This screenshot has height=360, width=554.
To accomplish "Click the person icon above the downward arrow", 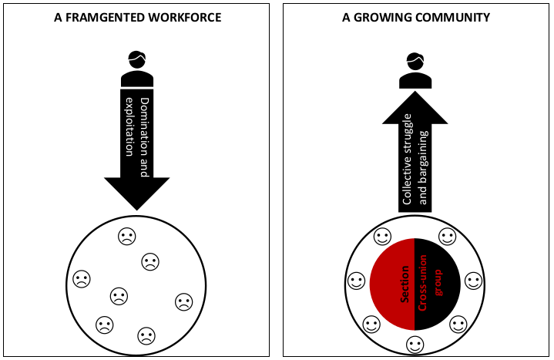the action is coord(137,69).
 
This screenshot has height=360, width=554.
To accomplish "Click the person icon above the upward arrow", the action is coord(415,70).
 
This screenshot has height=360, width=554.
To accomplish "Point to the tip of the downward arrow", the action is coord(137,210).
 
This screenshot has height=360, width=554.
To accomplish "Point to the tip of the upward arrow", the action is coord(415,91).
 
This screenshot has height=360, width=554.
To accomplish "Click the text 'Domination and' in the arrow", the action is coord(145,137).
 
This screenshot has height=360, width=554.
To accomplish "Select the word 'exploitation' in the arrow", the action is coord(130,126).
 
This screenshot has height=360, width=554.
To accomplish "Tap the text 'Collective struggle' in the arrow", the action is coord(408,159).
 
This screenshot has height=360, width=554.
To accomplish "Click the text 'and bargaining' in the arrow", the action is coord(422,167).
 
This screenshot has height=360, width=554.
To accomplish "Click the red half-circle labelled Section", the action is coord(392,284).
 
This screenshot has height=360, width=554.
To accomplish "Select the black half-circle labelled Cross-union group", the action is coord(438,284).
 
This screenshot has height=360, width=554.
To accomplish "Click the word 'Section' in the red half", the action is coord(405,284).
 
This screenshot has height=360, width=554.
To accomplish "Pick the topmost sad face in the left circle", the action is coord(127,236).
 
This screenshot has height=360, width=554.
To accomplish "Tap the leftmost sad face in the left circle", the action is coord(82,279).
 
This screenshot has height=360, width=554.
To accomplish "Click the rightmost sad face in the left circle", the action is coord(184,302).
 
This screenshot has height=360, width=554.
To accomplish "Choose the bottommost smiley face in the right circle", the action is coord(415,345).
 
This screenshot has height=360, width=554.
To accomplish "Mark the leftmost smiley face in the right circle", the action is coord(357,281).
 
